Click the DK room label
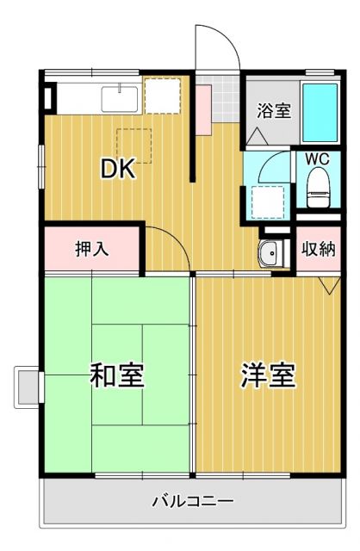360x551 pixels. [x=118, y=170]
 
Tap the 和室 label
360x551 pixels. [x=118, y=376]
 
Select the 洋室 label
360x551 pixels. [x=268, y=376]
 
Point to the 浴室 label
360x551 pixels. [x=274, y=110]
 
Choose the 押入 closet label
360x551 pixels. [x=91, y=250]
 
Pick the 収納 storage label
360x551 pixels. [x=318, y=251]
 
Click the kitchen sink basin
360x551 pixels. [x=116, y=99]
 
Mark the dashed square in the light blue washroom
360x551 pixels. [x=268, y=201]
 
